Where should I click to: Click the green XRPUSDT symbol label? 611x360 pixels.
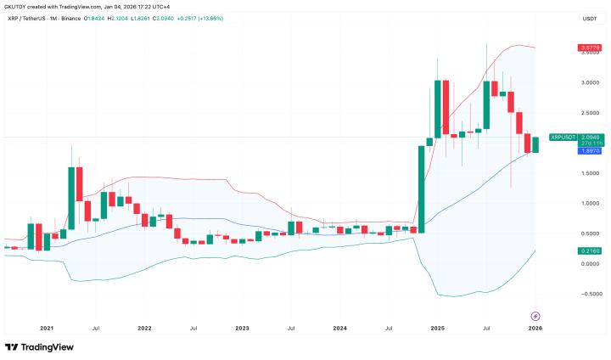tap(563, 137)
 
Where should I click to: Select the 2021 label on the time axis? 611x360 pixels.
tap(47, 327)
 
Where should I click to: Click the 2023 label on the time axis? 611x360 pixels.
tap(242, 327)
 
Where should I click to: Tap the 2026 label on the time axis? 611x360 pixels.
tap(535, 327)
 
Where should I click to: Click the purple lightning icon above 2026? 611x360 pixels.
tap(535, 314)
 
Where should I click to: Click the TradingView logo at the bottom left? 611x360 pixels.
tap(39, 346)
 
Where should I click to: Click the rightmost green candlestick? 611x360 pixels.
tap(535, 144)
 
